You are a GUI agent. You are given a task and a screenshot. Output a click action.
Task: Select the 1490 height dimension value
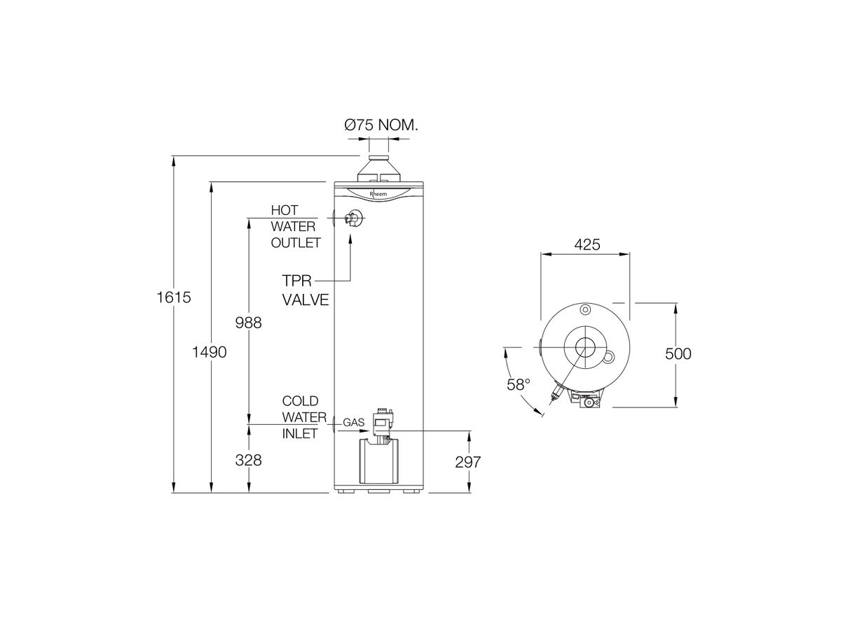210,352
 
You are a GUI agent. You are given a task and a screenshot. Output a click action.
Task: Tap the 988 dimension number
248,323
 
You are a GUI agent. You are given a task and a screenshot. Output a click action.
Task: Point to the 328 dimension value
248,460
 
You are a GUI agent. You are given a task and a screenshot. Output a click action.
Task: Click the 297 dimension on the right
467,462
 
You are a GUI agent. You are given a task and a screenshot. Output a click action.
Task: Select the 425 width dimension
585,245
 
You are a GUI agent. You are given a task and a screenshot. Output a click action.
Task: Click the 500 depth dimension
678,353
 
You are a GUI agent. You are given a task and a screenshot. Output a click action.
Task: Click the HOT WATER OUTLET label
295,226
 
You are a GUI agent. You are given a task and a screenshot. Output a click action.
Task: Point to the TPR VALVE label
305,290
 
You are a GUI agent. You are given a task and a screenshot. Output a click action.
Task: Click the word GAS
353,423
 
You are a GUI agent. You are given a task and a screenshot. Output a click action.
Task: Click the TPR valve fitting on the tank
354,219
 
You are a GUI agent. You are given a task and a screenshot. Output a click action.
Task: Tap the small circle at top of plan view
584,309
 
